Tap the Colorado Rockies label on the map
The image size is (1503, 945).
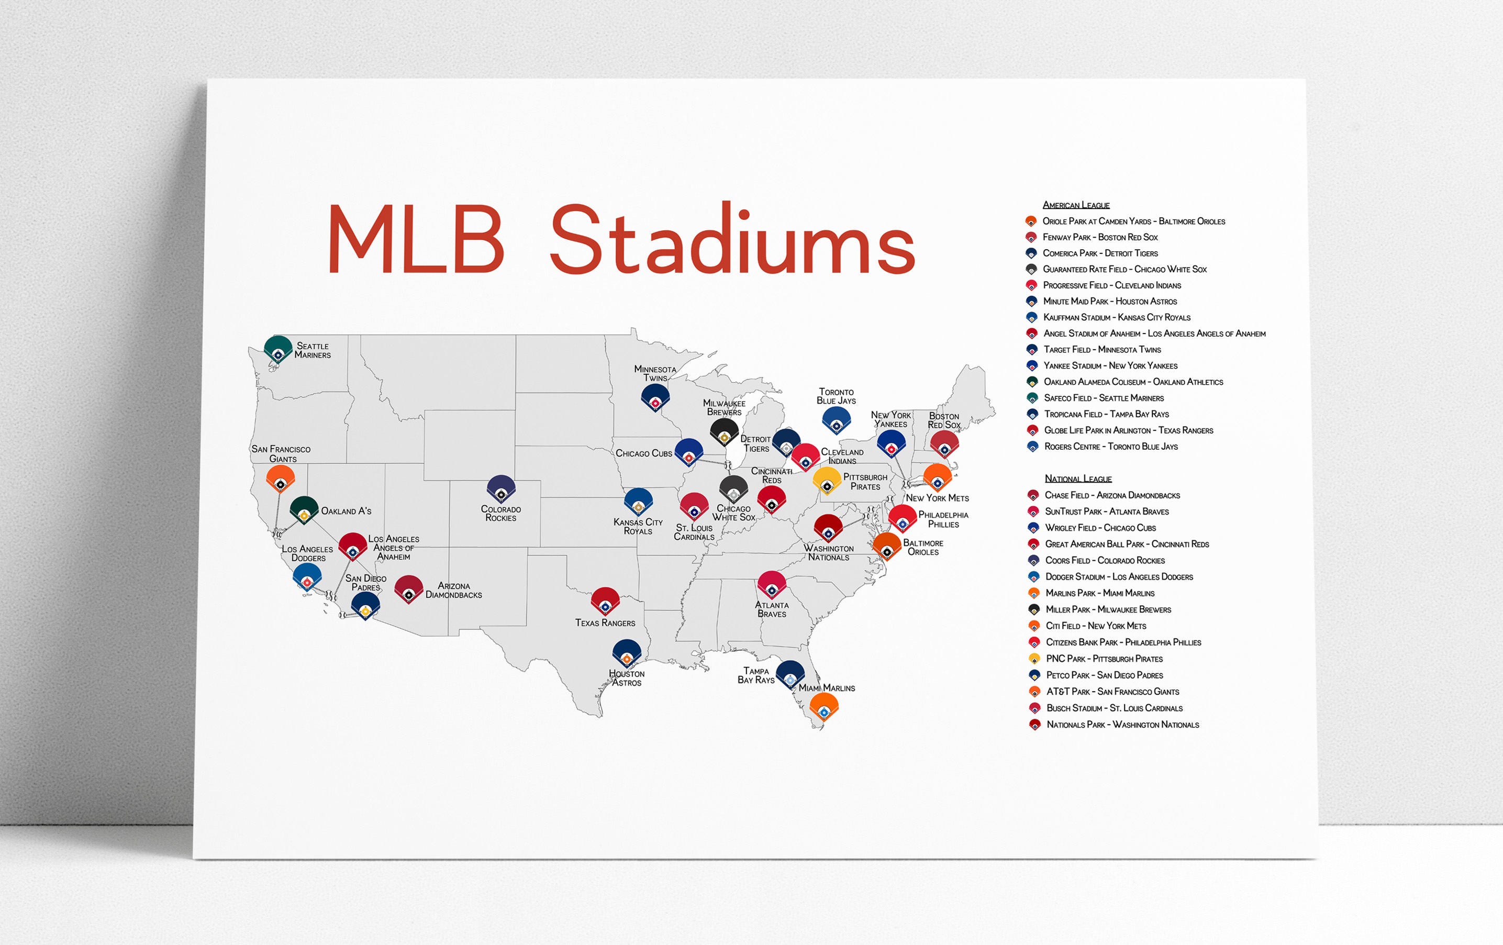click(x=500, y=514)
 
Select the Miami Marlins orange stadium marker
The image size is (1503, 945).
click(x=824, y=707)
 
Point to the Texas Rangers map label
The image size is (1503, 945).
click(x=605, y=623)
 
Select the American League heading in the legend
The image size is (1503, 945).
click(x=1076, y=205)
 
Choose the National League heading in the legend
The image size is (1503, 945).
click(x=1078, y=479)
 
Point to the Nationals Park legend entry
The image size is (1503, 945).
click(x=1115, y=725)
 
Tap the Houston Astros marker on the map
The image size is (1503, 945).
click(x=627, y=653)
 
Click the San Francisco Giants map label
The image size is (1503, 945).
click(x=281, y=454)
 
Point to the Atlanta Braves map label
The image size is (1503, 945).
click(x=772, y=609)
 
